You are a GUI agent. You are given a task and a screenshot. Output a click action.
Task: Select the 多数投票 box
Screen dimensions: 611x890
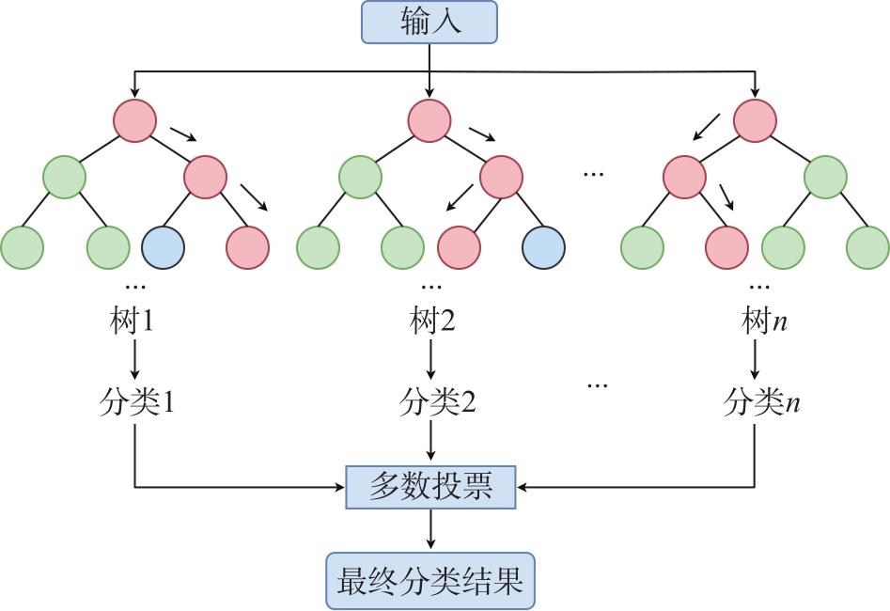[x=431, y=487]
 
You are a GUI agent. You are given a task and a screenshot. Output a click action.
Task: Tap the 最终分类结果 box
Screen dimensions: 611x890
[x=430, y=580]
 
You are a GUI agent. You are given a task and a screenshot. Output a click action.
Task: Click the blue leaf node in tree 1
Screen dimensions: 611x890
[x=164, y=247]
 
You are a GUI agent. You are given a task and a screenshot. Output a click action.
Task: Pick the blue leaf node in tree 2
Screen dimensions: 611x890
[x=543, y=247]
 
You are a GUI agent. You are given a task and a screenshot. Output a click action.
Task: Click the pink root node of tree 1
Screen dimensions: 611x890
[x=134, y=120]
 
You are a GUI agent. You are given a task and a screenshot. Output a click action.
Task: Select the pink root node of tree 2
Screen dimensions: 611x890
[x=429, y=120]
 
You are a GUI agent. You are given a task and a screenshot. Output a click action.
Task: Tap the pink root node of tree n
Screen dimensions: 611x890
[x=755, y=120]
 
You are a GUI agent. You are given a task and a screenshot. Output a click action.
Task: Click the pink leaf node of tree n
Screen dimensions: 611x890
[x=727, y=247]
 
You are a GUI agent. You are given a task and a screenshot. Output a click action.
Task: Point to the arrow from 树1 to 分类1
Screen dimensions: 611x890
[x=134, y=360]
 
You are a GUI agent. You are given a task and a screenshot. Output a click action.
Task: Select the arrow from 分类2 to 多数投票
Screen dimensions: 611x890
[x=430, y=442]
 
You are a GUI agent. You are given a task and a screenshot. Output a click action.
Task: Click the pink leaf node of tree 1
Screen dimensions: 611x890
[x=247, y=247]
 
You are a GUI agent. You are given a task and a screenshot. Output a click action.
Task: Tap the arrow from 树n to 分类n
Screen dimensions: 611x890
[x=755, y=360]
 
